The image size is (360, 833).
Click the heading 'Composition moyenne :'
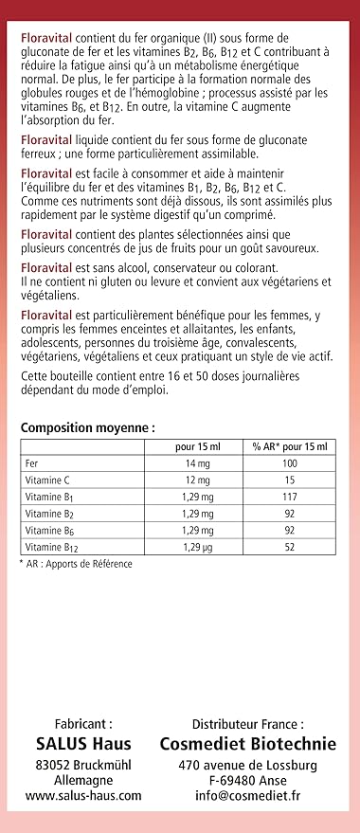tap(87, 427)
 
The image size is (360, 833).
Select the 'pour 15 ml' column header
tap(197, 446)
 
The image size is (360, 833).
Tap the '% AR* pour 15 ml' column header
tap(289, 446)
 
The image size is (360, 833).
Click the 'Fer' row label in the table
tap(32, 463)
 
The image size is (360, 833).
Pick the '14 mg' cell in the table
tap(197, 463)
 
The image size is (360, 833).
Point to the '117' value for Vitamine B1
tap(289, 497)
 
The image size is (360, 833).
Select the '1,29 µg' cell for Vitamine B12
tap(197, 547)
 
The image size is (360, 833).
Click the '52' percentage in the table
tap(289, 547)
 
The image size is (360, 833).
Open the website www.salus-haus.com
tap(83, 797)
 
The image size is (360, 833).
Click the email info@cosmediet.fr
tap(247, 797)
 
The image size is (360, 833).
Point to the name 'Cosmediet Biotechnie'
tap(247, 744)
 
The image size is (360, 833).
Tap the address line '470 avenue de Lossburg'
tap(247, 765)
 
